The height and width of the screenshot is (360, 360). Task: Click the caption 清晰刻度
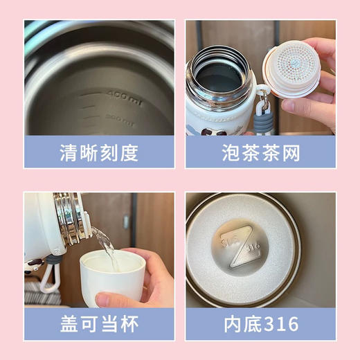[x=99, y=152]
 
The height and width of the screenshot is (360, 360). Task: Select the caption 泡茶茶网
[x=260, y=152]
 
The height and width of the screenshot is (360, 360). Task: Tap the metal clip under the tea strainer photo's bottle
[x=262, y=105]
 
